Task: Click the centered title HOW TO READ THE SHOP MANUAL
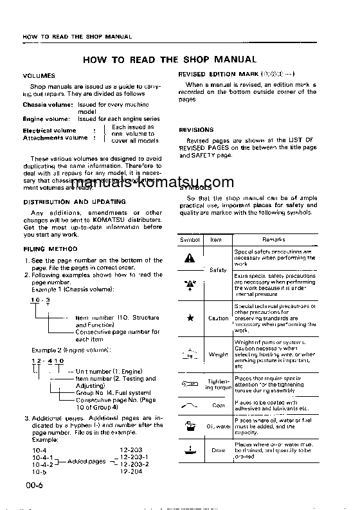(x=170, y=59)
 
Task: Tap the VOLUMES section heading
(x=39, y=75)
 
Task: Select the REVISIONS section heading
(x=196, y=129)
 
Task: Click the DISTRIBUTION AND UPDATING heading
(x=65, y=201)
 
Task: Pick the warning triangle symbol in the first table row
(x=189, y=258)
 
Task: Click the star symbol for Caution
(x=190, y=318)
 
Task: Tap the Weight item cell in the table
(x=218, y=354)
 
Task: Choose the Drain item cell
(x=218, y=450)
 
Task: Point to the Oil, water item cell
(x=218, y=426)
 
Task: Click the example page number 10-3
(x=40, y=300)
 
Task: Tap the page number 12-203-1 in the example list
(x=135, y=456)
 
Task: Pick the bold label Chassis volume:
(x=46, y=104)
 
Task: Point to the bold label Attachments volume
(x=55, y=138)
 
